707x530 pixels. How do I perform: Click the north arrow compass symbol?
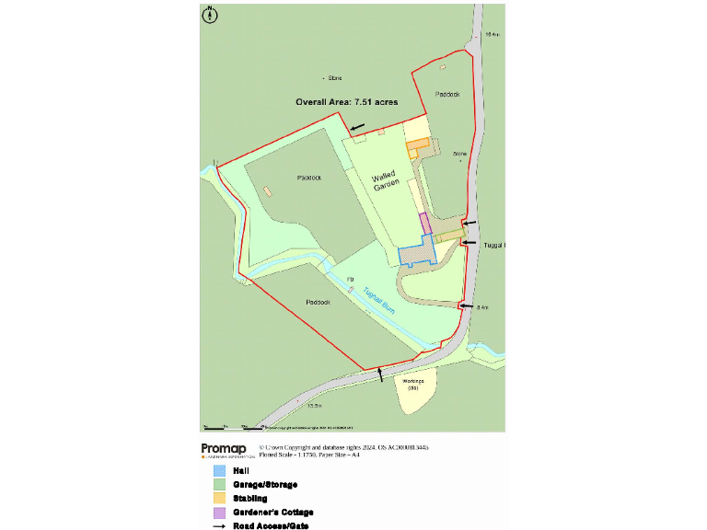point(210,14)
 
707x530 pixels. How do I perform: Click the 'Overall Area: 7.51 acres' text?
point(346,102)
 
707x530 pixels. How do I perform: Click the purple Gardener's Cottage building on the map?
point(425,223)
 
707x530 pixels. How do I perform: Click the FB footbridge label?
point(350,279)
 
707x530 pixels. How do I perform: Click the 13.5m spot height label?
point(314,406)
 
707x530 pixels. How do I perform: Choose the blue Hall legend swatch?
point(219,470)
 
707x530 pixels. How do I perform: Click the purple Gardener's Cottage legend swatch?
point(219,513)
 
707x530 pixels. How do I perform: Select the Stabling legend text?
point(250,498)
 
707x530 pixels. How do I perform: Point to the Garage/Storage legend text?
point(265,484)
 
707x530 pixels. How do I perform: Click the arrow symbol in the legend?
point(219,526)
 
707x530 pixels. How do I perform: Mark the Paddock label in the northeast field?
point(448,94)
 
